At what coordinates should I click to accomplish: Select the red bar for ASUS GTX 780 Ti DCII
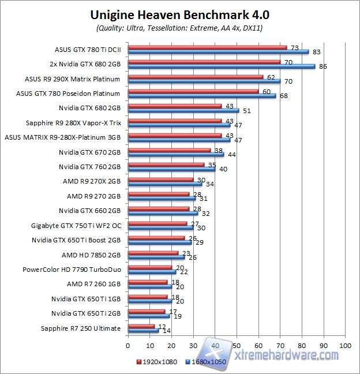[x=207, y=47]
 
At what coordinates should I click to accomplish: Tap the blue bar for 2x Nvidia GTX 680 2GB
[x=221, y=66]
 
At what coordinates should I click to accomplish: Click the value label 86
[x=323, y=67]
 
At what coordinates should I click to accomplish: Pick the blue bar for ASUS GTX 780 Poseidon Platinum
[x=201, y=96]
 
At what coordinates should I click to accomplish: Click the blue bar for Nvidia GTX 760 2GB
[x=171, y=169]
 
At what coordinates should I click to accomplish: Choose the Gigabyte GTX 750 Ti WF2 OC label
[x=76, y=225]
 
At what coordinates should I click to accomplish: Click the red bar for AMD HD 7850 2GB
[x=153, y=252]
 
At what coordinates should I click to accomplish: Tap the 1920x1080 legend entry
[x=157, y=362]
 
